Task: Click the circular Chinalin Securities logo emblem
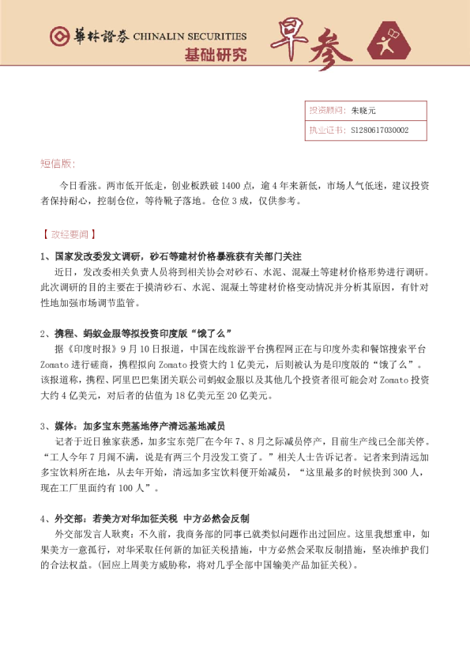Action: [58, 36]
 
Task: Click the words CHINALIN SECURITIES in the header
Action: [190, 36]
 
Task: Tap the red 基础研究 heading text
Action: [215, 55]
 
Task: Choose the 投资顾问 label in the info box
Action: [324, 110]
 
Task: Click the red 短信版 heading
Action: [58, 164]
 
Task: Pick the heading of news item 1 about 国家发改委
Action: [171, 256]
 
